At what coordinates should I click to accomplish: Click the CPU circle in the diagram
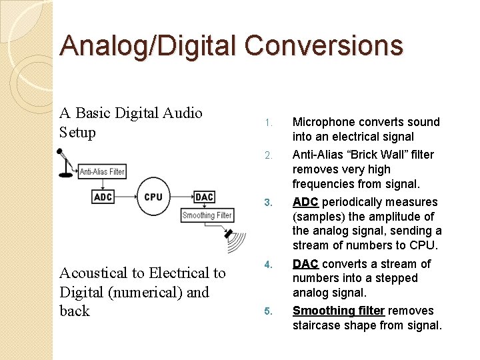click(153, 197)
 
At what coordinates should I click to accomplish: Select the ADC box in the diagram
click(103, 197)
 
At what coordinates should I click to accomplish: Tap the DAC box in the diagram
click(204, 197)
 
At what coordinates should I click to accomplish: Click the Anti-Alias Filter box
click(102, 172)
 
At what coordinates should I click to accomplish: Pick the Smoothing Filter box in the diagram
click(207, 215)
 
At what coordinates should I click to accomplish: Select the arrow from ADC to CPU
click(125, 197)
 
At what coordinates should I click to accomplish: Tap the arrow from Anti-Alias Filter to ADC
click(102, 184)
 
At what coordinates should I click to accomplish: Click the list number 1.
click(267, 123)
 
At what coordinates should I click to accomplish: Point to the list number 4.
click(267, 265)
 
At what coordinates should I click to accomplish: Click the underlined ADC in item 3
click(305, 202)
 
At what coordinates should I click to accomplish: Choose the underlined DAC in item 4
click(305, 264)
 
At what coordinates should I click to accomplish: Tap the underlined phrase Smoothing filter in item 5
click(338, 311)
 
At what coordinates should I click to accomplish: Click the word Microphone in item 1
click(325, 122)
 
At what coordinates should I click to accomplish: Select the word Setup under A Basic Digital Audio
click(78, 133)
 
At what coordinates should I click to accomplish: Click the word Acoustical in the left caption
click(97, 273)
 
